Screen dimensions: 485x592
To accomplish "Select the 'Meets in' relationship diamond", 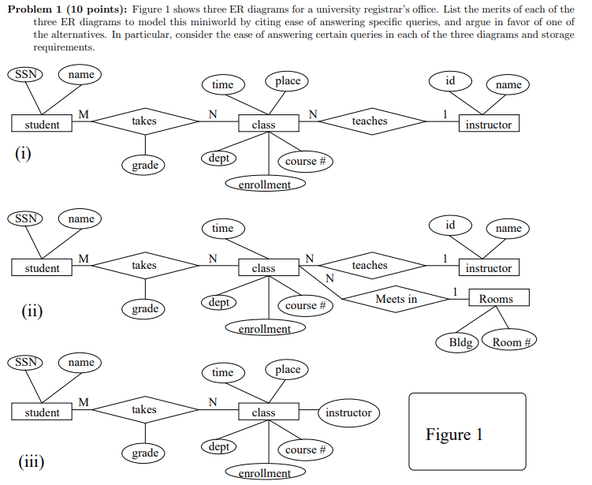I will pos(396,299).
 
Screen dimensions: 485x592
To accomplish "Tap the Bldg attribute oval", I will pos(460,343).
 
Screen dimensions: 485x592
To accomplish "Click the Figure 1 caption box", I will pos(467,431).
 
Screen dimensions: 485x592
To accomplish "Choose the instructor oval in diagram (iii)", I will pos(348,412).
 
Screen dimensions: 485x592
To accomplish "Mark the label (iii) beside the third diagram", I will pos(32,461).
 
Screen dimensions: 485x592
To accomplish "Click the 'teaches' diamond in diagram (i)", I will pos(370,121).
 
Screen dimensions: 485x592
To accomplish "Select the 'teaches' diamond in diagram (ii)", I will pos(370,266).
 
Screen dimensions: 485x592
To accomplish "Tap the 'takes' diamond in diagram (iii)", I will pos(144,410).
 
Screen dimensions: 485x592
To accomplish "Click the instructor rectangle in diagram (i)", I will pos(489,125).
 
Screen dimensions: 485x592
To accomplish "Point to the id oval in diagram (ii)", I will pos(450,226).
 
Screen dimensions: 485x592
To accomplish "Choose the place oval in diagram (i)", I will pos(288,80).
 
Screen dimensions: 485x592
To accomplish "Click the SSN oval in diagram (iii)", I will pos(25,362).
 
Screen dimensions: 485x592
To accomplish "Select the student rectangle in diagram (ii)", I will pos(43,269).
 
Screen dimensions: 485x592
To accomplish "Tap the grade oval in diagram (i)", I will pos(145,165).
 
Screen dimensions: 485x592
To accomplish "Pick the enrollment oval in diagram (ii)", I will pos(264,329).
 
